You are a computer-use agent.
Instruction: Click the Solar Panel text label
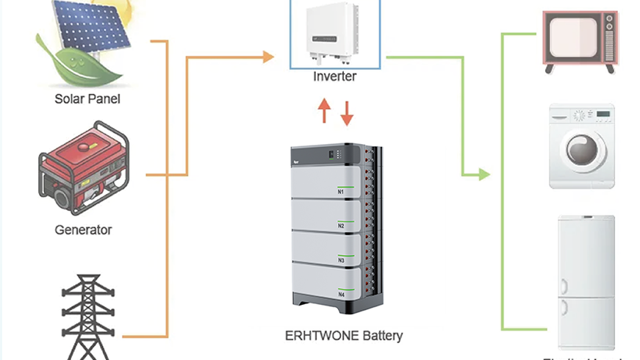pyautogui.click(x=87, y=98)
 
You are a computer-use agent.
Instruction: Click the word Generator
pyautogui.click(x=84, y=229)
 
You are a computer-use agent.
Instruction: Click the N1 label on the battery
pyautogui.click(x=341, y=192)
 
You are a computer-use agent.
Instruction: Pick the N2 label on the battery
pyautogui.click(x=341, y=226)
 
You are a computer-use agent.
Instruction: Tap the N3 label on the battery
pyautogui.click(x=341, y=260)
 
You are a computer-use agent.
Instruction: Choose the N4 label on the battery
pyautogui.click(x=341, y=295)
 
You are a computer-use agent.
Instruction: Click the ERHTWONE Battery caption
pyautogui.click(x=344, y=336)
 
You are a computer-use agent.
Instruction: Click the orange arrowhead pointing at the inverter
pyautogui.click(x=269, y=57)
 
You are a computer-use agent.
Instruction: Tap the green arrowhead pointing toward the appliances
pyautogui.click(x=483, y=175)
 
